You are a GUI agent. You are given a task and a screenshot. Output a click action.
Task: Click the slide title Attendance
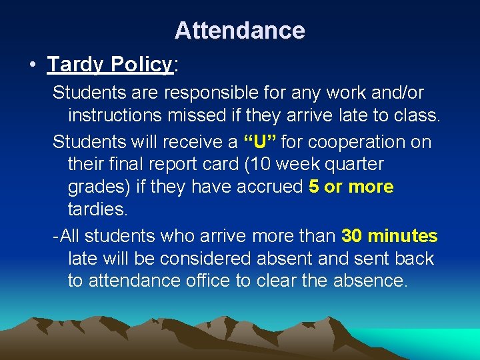click(239, 31)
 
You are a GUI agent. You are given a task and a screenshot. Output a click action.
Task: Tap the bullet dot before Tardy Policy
click(31, 65)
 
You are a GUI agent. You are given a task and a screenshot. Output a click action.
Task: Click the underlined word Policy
click(141, 65)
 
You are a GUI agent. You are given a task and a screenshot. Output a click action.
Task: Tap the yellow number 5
click(315, 187)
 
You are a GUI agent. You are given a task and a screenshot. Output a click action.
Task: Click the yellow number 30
click(351, 236)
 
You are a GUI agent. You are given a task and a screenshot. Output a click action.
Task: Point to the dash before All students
click(56, 236)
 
